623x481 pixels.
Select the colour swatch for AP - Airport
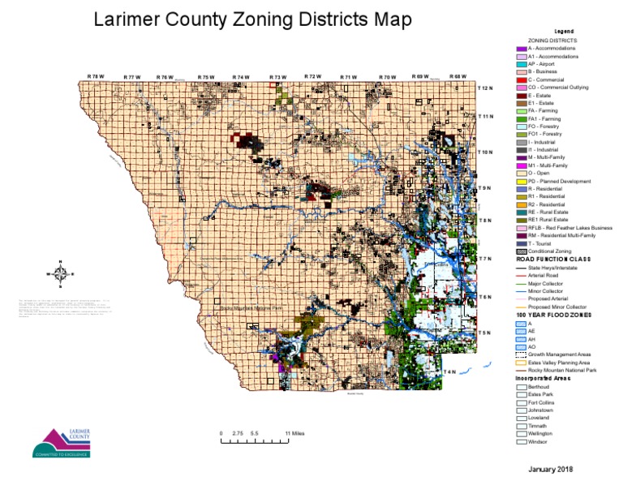[x=522, y=64]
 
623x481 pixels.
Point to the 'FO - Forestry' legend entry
[x=544, y=126]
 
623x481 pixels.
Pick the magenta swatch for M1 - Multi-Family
[x=522, y=165]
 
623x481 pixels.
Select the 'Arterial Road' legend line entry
[x=544, y=275]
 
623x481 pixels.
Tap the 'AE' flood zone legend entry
[x=531, y=331]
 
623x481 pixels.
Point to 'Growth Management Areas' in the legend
[x=560, y=354]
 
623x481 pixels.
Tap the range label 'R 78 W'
[x=96, y=76]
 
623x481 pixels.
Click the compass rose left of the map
[x=59, y=272]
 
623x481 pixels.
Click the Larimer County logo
[x=56, y=441]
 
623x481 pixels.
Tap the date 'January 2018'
[x=550, y=470]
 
